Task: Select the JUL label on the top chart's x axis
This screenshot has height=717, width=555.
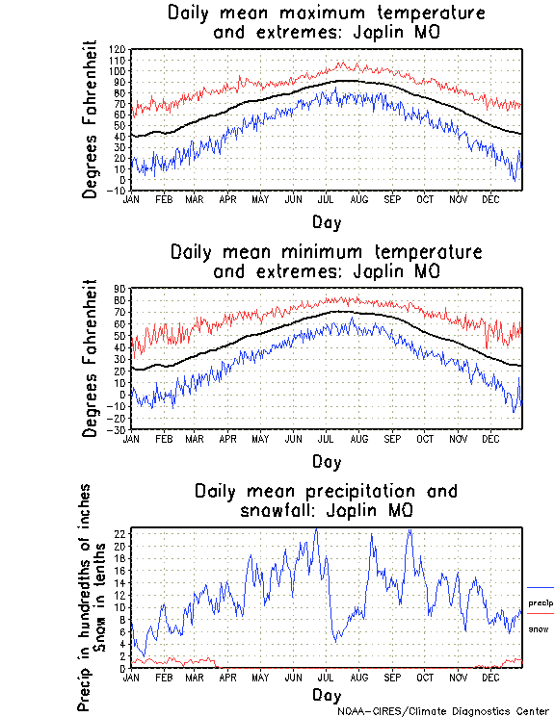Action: pyautogui.click(x=326, y=199)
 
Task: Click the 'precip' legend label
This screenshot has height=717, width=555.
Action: pyautogui.click(x=541, y=602)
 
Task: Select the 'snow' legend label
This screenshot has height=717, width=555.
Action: pyautogui.click(x=539, y=629)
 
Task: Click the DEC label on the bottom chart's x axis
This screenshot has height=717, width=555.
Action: pyautogui.click(x=490, y=677)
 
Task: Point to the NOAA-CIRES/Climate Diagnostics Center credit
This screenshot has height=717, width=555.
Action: pyautogui.click(x=444, y=711)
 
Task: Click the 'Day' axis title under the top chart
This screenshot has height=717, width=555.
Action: pyautogui.click(x=326, y=222)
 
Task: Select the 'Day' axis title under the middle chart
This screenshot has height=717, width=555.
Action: pyautogui.click(x=326, y=461)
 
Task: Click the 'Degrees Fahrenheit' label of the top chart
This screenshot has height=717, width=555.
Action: pyautogui.click(x=91, y=119)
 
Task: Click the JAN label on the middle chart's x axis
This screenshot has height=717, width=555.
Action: pyautogui.click(x=132, y=438)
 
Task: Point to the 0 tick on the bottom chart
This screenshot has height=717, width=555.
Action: pyautogui.click(x=123, y=668)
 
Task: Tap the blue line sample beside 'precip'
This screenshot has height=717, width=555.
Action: pyautogui.click(x=541, y=587)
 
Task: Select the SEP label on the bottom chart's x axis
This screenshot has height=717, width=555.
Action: pyautogui.click(x=392, y=677)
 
